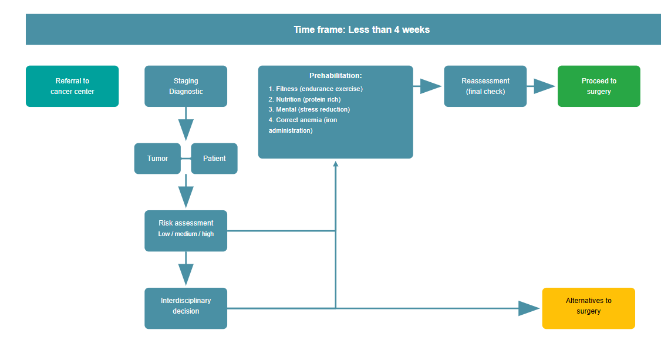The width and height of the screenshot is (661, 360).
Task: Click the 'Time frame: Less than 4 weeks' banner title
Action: [362, 29]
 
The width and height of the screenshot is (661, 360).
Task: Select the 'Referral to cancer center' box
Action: [72, 86]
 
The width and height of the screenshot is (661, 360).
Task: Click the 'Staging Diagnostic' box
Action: [186, 86]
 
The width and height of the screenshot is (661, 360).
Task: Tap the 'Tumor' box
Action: [157, 159]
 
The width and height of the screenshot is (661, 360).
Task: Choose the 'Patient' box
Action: [214, 159]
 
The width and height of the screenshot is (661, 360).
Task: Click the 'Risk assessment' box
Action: [186, 224]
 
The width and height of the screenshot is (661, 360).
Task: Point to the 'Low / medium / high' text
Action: [186, 234]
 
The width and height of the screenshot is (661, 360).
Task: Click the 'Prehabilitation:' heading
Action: [335, 76]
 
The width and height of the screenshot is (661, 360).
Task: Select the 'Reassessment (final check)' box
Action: [485, 86]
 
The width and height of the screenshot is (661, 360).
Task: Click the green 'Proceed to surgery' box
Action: [599, 86]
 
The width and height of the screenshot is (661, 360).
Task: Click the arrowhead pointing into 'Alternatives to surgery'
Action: [528, 308]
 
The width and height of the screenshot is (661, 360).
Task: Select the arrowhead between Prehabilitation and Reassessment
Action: [430, 86]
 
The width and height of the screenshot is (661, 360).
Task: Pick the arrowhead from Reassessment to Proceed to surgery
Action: [544, 86]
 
